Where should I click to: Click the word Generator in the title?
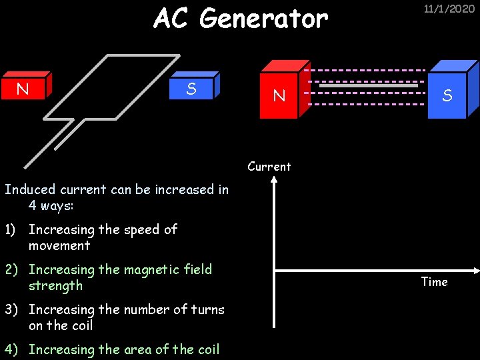point(263,19)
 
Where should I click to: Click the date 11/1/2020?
point(449,9)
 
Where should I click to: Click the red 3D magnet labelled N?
point(280,95)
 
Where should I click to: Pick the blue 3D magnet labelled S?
point(447,95)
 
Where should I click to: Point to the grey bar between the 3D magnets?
point(368,86)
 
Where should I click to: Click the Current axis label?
point(269,167)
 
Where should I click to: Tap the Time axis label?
point(434,282)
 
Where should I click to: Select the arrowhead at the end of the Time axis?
point(476,270)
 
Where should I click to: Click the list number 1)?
point(11,230)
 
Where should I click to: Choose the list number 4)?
point(11,350)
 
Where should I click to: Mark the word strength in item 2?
point(55,286)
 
